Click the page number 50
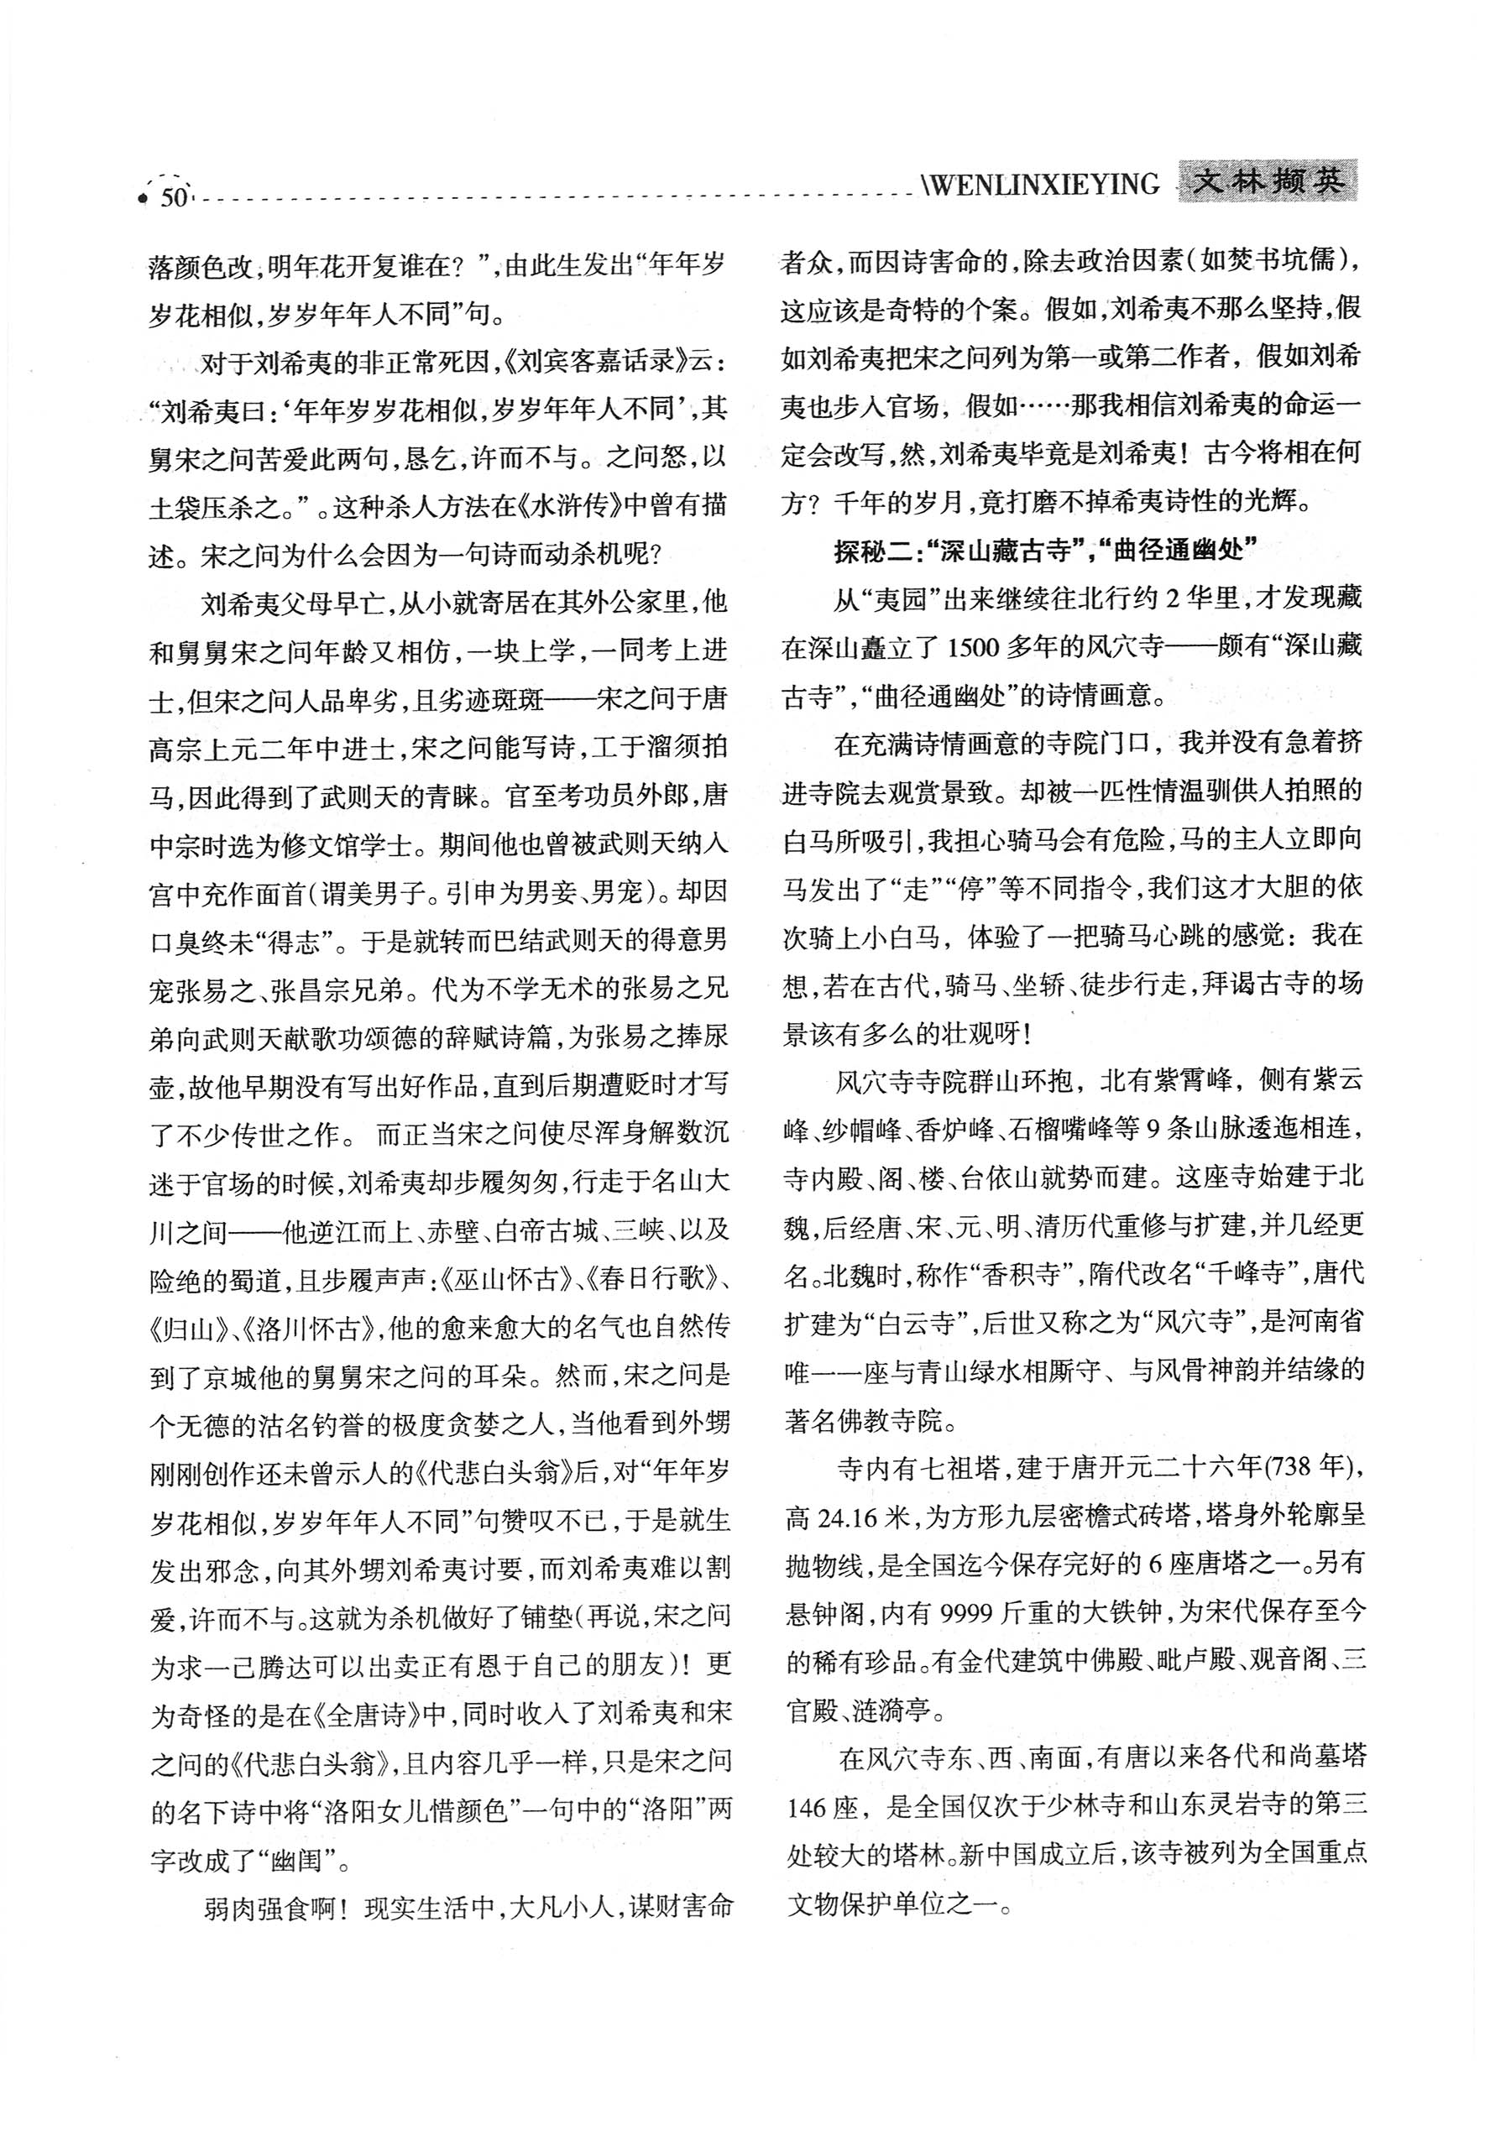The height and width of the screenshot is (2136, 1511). (174, 198)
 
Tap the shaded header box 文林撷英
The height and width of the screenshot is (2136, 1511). (1268, 180)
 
